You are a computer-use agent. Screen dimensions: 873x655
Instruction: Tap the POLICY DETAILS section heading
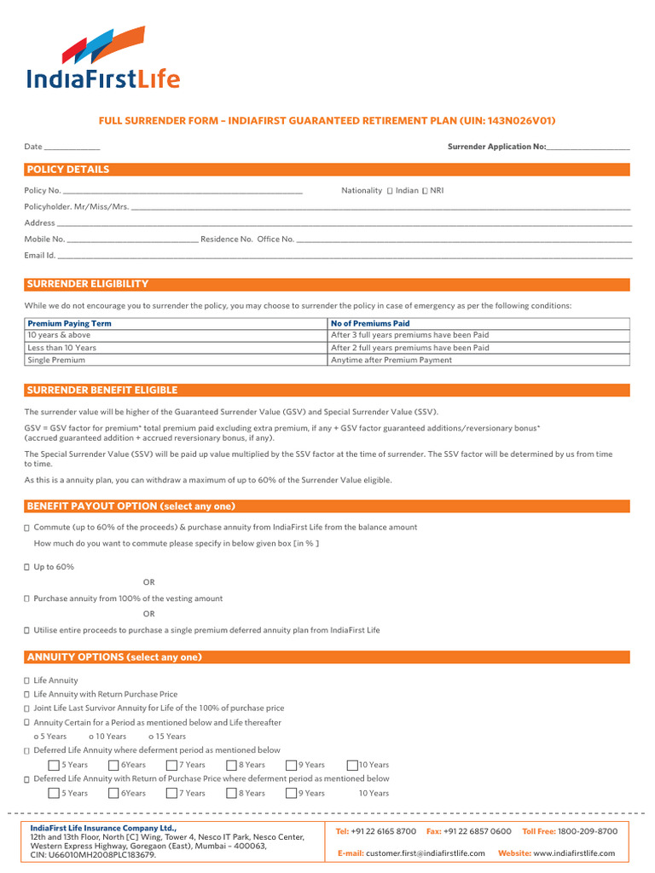coord(68,170)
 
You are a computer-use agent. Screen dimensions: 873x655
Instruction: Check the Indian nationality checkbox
coord(390,191)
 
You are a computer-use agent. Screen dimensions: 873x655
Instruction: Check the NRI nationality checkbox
coord(425,191)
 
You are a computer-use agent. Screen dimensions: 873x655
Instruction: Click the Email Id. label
coord(40,255)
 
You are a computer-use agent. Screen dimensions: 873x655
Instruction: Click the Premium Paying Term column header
coord(70,324)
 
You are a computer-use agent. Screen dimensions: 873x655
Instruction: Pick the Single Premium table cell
coord(56,360)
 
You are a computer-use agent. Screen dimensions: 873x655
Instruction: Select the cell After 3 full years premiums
coord(409,335)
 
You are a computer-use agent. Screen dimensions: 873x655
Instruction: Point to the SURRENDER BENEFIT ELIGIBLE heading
coord(102,390)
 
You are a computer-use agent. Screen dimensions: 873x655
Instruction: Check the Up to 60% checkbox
coord(27,567)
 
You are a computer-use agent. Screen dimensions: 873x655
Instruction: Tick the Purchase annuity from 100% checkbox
coord(27,599)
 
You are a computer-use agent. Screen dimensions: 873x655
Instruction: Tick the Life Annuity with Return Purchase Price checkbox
coord(27,695)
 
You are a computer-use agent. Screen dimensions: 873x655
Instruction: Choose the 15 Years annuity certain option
coord(151,737)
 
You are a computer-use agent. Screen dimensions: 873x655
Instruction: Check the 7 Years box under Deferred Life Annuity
coord(171,765)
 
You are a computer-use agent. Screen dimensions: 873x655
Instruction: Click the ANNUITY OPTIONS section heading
coord(114,657)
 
